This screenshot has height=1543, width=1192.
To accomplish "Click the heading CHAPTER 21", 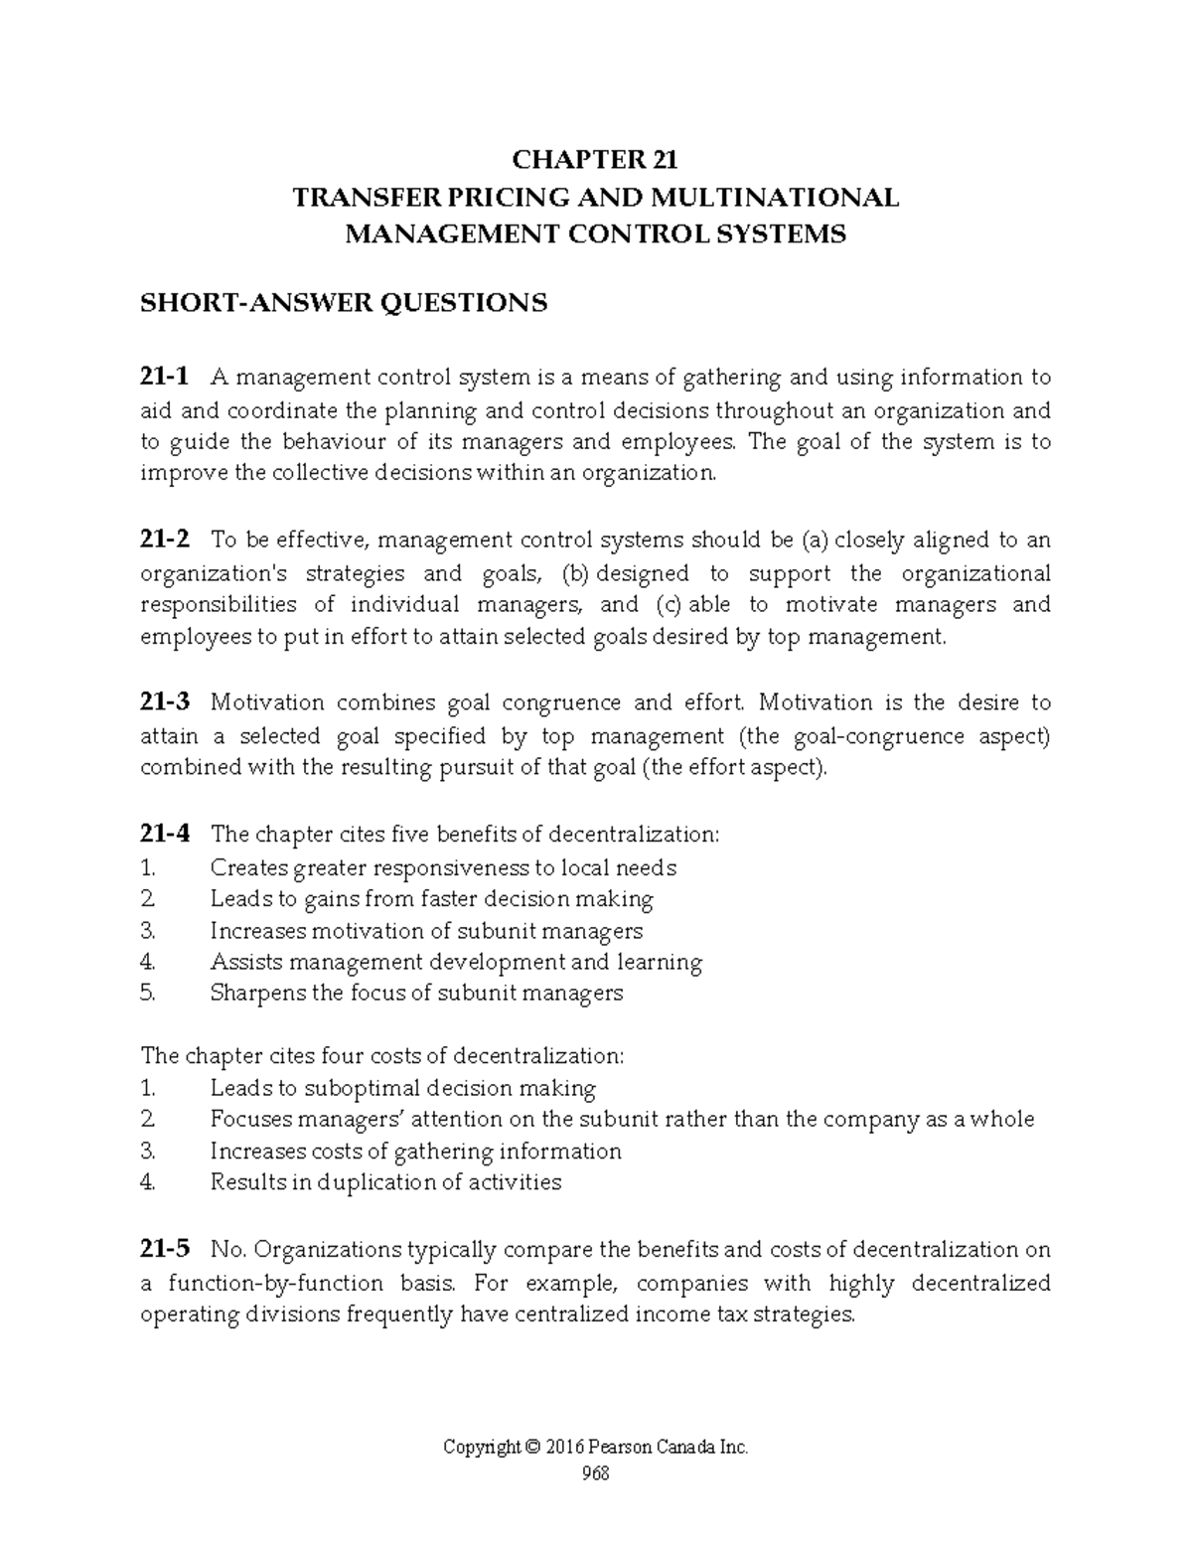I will [594, 160].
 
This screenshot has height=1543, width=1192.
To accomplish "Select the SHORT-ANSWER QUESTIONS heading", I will [344, 302].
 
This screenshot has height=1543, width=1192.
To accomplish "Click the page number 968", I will [595, 1473].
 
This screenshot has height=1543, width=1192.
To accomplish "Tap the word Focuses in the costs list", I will [249, 1120].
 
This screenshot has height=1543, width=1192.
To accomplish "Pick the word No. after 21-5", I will [226, 1250].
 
